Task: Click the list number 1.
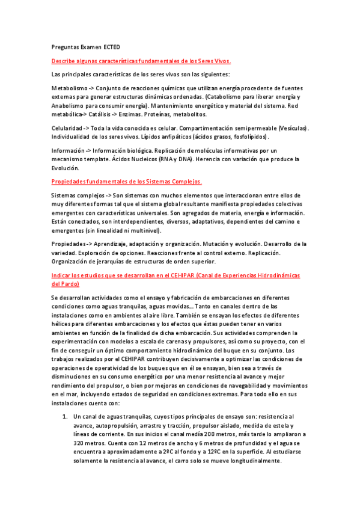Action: pyautogui.click(x=64, y=416)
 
